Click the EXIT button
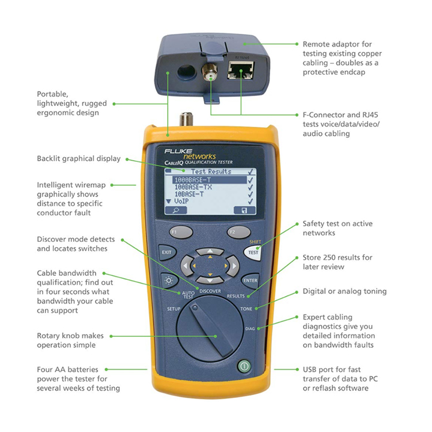pos(167,252)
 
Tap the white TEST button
pos(253,252)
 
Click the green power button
pos(244,366)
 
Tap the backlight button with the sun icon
pos(169,281)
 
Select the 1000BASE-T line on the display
pos(210,180)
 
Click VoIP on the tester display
pos(181,202)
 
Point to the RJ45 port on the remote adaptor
pos(241,70)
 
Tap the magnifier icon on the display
pos(176,210)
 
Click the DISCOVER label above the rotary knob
pos(210,291)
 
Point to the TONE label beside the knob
pos(246,309)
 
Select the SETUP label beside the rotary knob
pos(173,309)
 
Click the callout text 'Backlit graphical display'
pos(79,159)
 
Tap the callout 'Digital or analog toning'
pos(344,291)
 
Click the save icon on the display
pos(245,210)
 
